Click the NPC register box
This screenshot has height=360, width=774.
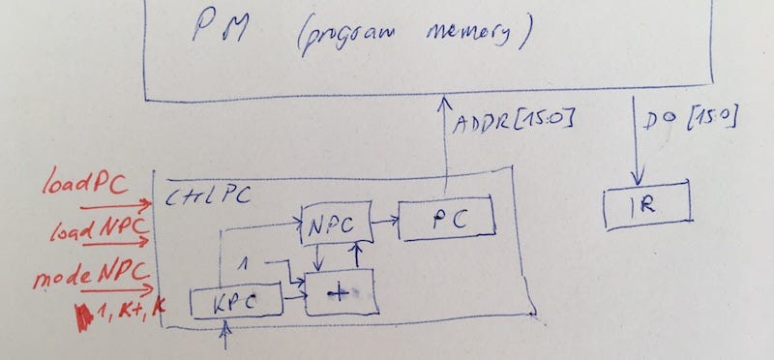click(x=337, y=225)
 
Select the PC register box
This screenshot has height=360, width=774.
click(x=446, y=219)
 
